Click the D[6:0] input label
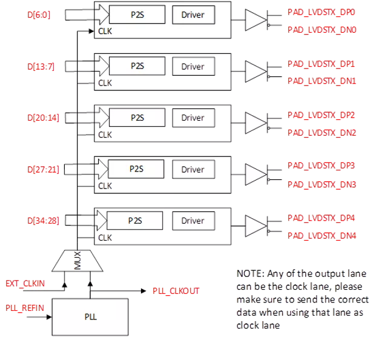click(x=39, y=15)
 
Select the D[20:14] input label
click(x=43, y=118)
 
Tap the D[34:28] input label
click(x=43, y=221)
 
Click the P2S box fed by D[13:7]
click(x=137, y=66)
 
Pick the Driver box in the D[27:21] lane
click(x=194, y=170)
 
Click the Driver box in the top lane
click(x=194, y=15)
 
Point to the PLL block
click(x=90, y=317)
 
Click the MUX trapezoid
click(x=77, y=261)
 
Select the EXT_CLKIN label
click(x=25, y=284)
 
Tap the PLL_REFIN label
click(x=25, y=308)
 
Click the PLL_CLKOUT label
click(x=176, y=291)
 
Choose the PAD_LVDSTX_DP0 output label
click(x=321, y=12)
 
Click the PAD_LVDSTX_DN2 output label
click(x=322, y=133)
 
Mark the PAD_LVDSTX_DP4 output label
click(x=321, y=218)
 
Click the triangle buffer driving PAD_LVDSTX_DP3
click(x=256, y=175)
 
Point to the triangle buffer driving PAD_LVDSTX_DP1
click(x=256, y=72)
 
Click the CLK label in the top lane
click(x=105, y=32)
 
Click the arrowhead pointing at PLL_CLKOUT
click(x=143, y=291)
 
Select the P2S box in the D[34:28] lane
click(x=135, y=221)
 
